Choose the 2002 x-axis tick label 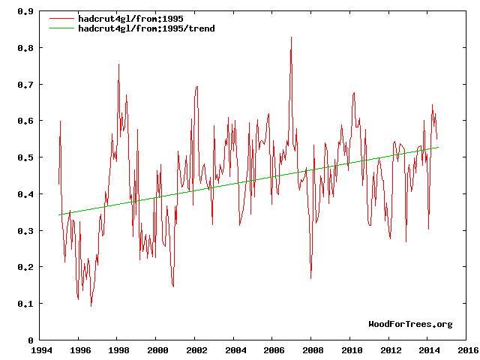tap(196, 350)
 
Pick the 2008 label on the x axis tap(313, 350)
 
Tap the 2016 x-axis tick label tap(468, 350)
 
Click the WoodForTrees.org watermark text tap(410, 324)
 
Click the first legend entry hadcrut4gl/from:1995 tap(121, 19)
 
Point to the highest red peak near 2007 tap(291, 37)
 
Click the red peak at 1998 tap(118, 64)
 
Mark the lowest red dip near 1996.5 tap(91, 306)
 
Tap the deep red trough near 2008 tap(310, 279)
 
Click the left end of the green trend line tap(59, 215)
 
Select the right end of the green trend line tap(438, 147)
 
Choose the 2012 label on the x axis tap(391, 350)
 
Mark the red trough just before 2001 tap(173, 286)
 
